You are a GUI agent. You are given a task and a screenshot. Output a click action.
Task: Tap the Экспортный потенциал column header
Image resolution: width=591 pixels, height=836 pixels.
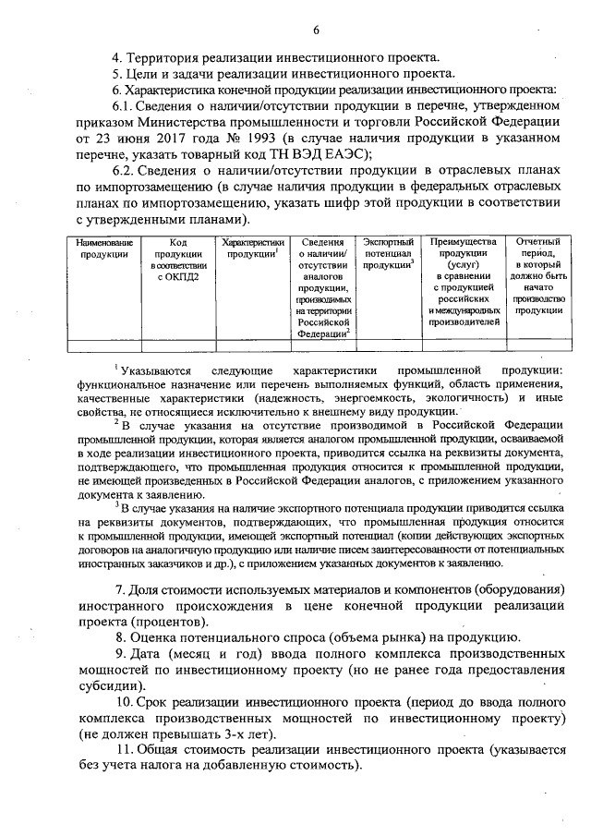pos(388,252)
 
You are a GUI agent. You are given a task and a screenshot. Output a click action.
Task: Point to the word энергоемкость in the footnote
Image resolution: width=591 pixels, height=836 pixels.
pos(363,396)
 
